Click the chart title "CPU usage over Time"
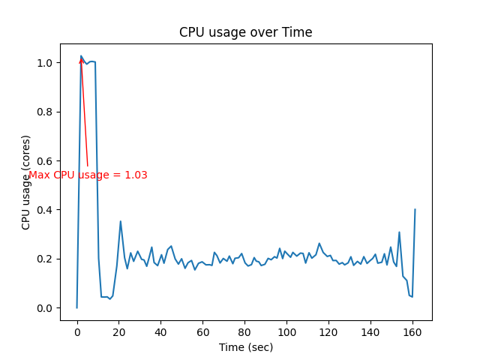click(x=245, y=33)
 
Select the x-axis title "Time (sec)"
click(x=246, y=347)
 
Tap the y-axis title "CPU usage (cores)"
click(x=26, y=182)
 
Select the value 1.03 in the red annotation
click(x=136, y=175)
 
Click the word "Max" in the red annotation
click(x=39, y=175)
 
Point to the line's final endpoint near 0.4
click(x=415, y=209)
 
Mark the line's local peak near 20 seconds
click(x=121, y=221)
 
